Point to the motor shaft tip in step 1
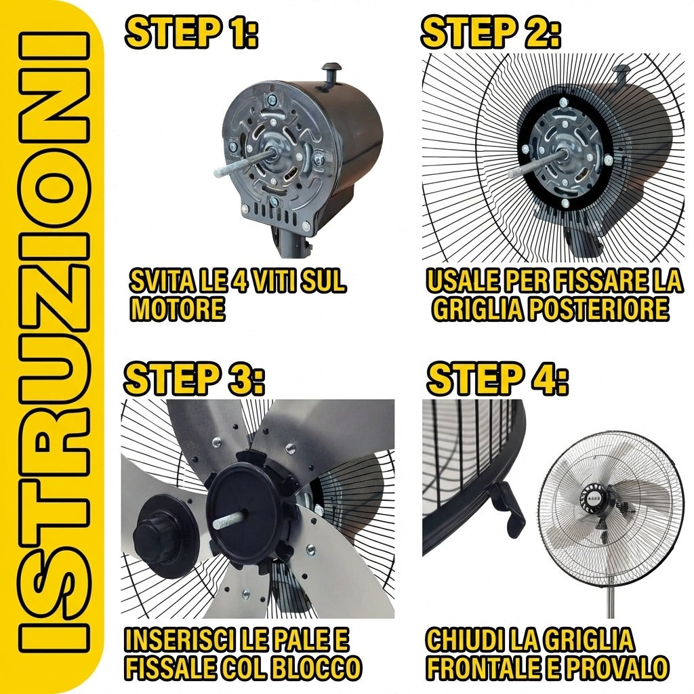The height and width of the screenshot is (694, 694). coord(217,173)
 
